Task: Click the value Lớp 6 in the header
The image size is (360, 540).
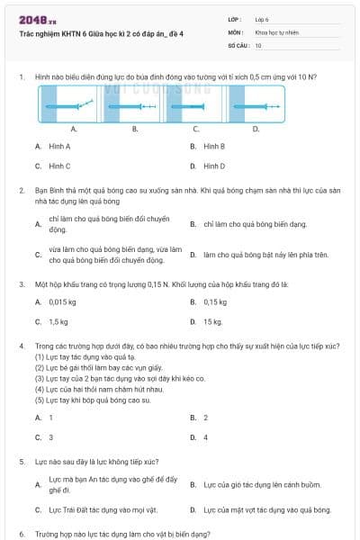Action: point(262,18)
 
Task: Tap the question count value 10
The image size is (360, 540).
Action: point(258,45)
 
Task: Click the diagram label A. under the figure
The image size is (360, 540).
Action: point(74,129)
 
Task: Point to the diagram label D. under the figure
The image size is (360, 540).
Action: point(256,129)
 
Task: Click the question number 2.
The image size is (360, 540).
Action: point(21,191)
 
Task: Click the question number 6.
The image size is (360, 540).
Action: point(21,534)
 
